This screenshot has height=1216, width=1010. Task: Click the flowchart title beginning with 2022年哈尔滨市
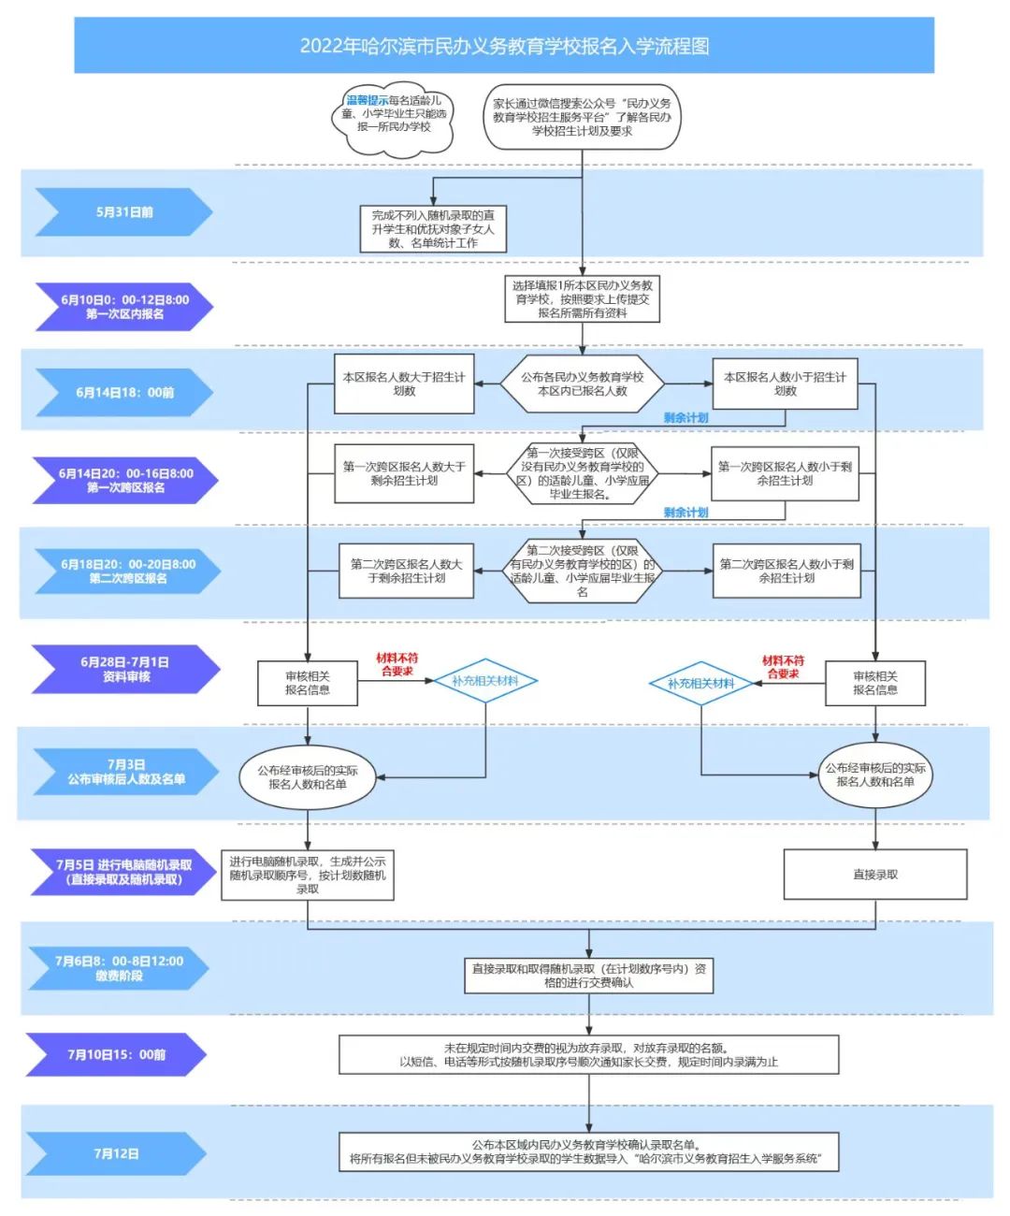coord(504,46)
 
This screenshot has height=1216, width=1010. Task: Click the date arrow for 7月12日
coord(116,1153)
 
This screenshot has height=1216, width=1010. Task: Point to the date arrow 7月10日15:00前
coord(116,1054)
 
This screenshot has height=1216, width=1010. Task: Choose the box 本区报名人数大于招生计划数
coord(404,384)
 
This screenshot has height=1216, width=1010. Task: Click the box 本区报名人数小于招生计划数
coord(785,384)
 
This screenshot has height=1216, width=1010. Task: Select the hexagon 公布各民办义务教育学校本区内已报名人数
coord(582,384)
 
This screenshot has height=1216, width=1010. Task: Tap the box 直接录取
coord(874,875)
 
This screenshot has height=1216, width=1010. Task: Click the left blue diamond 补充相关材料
coord(484,681)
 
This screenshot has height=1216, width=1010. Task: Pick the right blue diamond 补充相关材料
coord(700,684)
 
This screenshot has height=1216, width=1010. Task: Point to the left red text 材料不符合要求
coord(397,665)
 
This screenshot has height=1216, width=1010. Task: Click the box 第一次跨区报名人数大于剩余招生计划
coord(404,473)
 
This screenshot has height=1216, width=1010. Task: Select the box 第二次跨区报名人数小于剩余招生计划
coord(786,571)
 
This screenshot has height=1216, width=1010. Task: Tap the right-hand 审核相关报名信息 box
coord(874,683)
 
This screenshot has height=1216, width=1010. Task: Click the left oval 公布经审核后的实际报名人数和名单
coord(308,777)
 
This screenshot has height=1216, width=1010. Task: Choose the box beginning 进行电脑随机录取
coord(308,875)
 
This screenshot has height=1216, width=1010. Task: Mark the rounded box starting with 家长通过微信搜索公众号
coord(582,117)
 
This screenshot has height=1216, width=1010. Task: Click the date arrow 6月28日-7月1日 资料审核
coord(124,669)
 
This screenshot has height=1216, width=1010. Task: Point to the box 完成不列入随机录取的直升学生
coord(433,229)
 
